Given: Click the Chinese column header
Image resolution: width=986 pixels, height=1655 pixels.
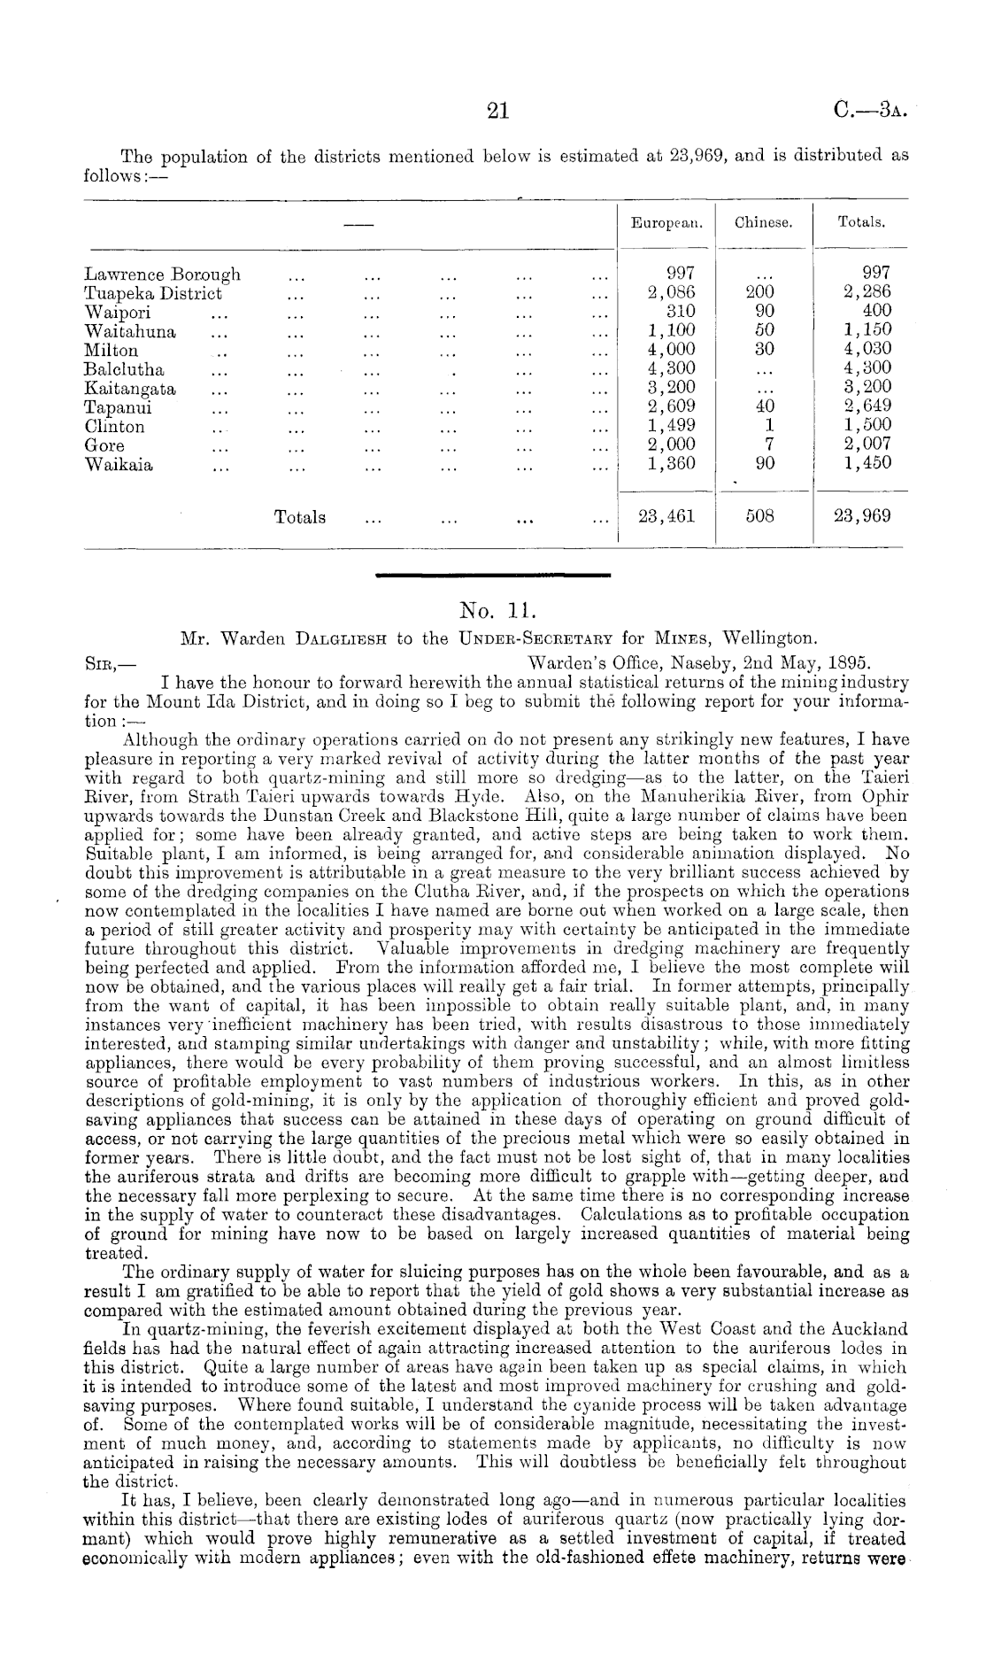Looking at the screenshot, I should [763, 224].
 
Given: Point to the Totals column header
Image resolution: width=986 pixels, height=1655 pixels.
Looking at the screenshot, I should [861, 224].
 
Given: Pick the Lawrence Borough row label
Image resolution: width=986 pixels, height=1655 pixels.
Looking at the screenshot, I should [162, 275].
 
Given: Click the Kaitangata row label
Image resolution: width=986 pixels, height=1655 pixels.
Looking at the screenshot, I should [130, 388].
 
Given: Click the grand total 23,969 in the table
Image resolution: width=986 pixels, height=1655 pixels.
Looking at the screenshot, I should [862, 517].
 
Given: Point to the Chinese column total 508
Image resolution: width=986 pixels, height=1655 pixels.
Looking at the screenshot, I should [759, 517].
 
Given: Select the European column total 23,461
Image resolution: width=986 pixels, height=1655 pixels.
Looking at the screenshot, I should [666, 517].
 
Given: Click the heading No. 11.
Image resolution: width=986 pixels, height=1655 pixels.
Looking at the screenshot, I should [493, 610].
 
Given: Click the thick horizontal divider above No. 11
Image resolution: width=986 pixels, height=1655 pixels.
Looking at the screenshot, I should [493, 576].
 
